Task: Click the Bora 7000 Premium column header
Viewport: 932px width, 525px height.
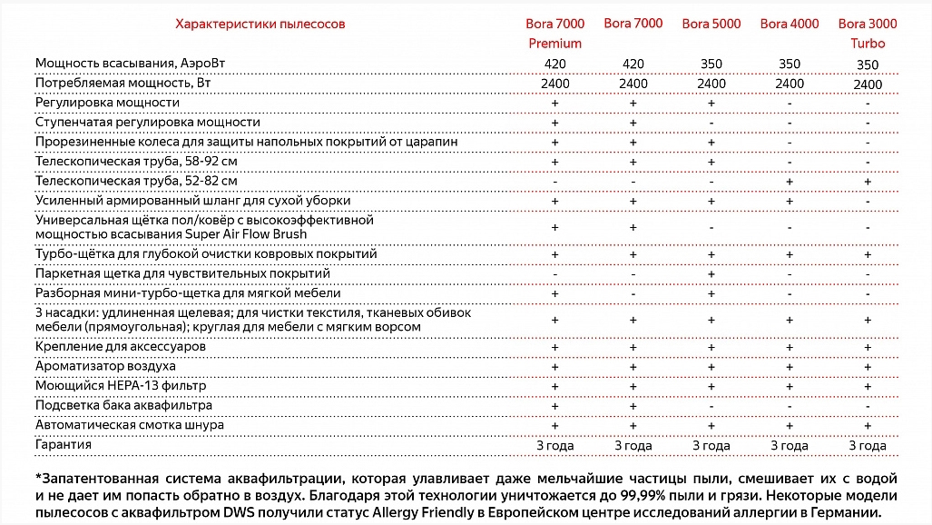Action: tap(554, 33)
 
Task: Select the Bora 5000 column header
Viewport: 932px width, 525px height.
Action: tap(711, 24)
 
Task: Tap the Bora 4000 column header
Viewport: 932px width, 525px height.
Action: tap(789, 24)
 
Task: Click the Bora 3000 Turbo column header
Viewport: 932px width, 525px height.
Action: tap(867, 33)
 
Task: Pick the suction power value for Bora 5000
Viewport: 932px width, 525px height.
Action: tap(711, 64)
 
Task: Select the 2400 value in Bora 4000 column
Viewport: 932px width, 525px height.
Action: tap(790, 84)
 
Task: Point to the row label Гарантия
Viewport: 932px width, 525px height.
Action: tap(63, 445)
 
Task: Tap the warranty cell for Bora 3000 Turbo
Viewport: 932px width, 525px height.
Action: tap(868, 446)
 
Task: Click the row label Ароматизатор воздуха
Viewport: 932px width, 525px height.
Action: tap(105, 366)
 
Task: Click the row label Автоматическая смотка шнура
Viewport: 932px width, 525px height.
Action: tap(129, 425)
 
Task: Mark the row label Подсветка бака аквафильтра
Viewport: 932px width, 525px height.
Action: tap(123, 405)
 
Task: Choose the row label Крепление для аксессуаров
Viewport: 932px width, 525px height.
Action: tap(120, 347)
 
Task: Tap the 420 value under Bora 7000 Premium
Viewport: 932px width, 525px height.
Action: tap(555, 64)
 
